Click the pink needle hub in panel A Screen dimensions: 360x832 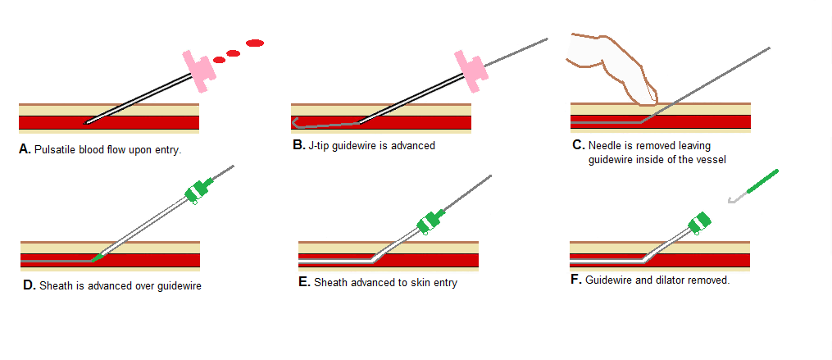click(199, 72)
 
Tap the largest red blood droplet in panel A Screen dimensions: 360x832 click(255, 43)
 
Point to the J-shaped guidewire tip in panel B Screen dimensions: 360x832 click(298, 125)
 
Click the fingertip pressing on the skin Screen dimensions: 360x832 click(648, 97)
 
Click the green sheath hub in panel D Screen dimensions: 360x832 click(197, 189)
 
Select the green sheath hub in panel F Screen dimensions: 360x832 click(702, 222)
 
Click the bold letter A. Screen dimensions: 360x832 click(24, 150)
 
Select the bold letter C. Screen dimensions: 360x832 click(578, 145)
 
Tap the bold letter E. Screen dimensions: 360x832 click(304, 282)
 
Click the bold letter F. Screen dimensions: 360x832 click(575, 280)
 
